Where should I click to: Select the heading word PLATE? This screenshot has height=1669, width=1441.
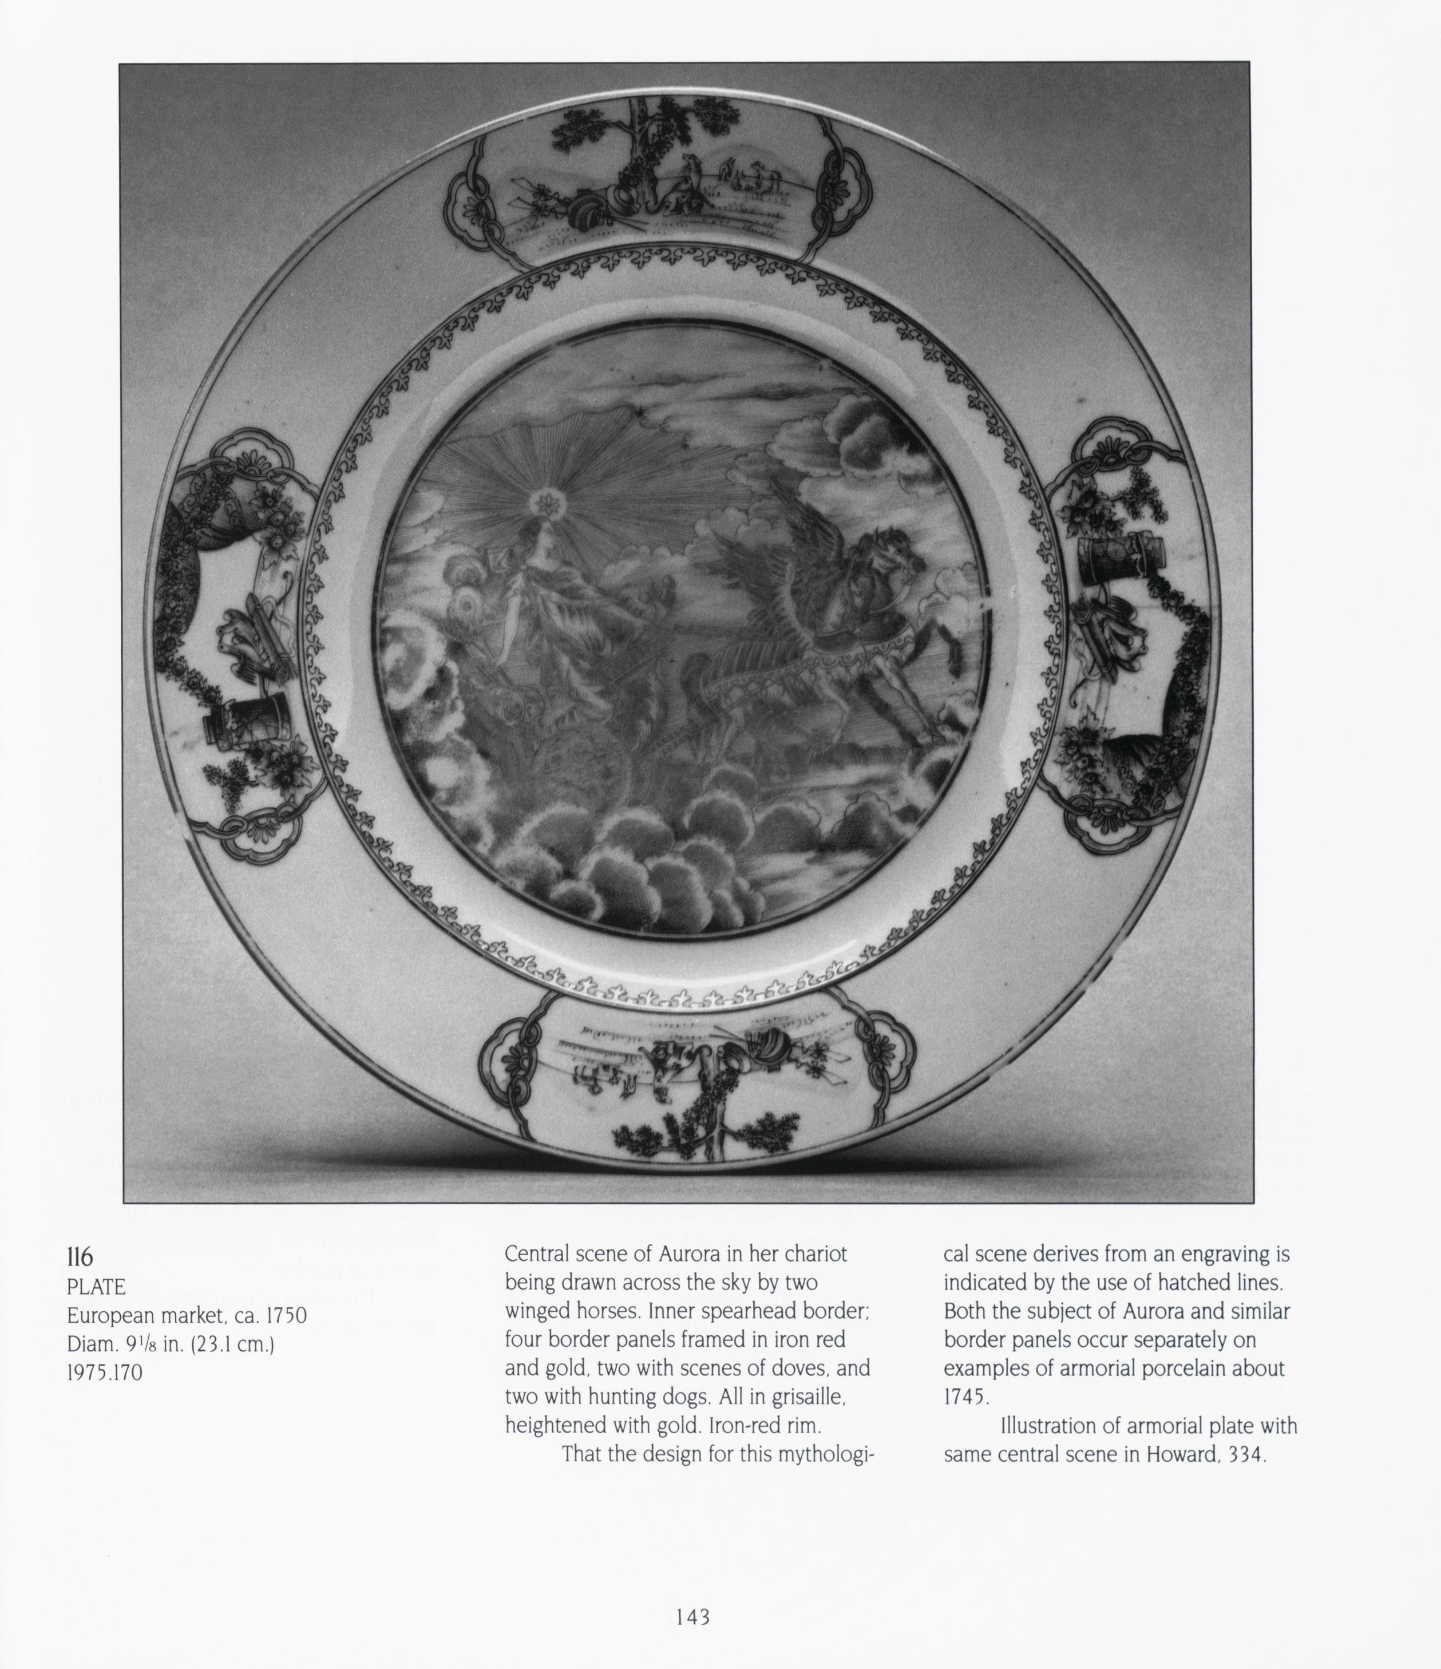point(96,1287)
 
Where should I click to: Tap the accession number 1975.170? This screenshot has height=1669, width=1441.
point(104,1373)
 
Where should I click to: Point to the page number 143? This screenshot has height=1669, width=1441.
point(692,1617)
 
